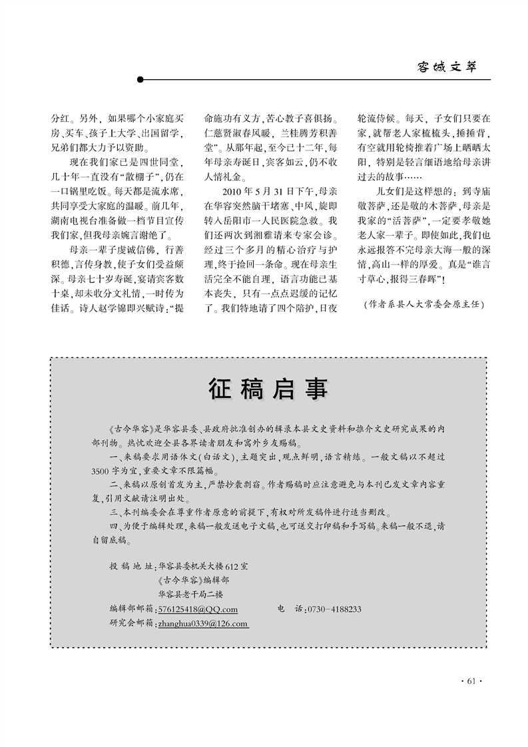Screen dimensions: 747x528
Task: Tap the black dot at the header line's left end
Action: pyautogui.click(x=140, y=80)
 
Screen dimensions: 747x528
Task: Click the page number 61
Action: pyautogui.click(x=470, y=680)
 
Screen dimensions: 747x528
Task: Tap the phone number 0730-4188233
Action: pyautogui.click(x=336, y=609)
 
